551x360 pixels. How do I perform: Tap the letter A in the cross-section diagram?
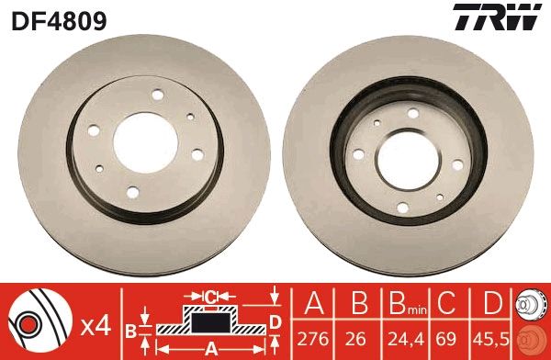(211, 347)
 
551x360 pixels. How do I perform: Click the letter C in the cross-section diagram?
(210, 297)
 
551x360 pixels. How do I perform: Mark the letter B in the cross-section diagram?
(131, 328)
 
